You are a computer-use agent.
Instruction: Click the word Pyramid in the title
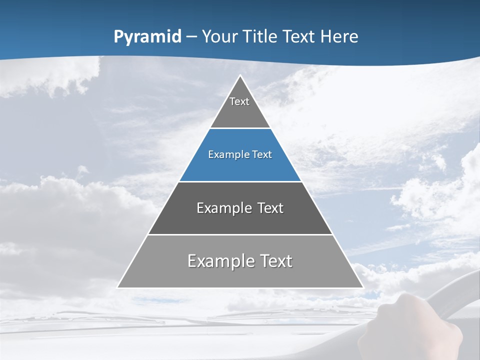click(x=147, y=37)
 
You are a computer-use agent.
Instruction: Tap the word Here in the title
click(x=339, y=37)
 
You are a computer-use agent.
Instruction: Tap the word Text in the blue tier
click(x=262, y=155)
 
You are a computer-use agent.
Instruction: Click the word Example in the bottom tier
click(x=221, y=261)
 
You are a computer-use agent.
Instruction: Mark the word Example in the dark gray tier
click(x=223, y=208)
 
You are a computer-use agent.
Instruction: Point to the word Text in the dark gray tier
click(x=270, y=208)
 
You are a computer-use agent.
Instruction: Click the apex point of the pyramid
click(x=240, y=76)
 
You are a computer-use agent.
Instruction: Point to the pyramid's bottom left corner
click(x=118, y=287)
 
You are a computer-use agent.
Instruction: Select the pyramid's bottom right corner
click(x=362, y=287)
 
